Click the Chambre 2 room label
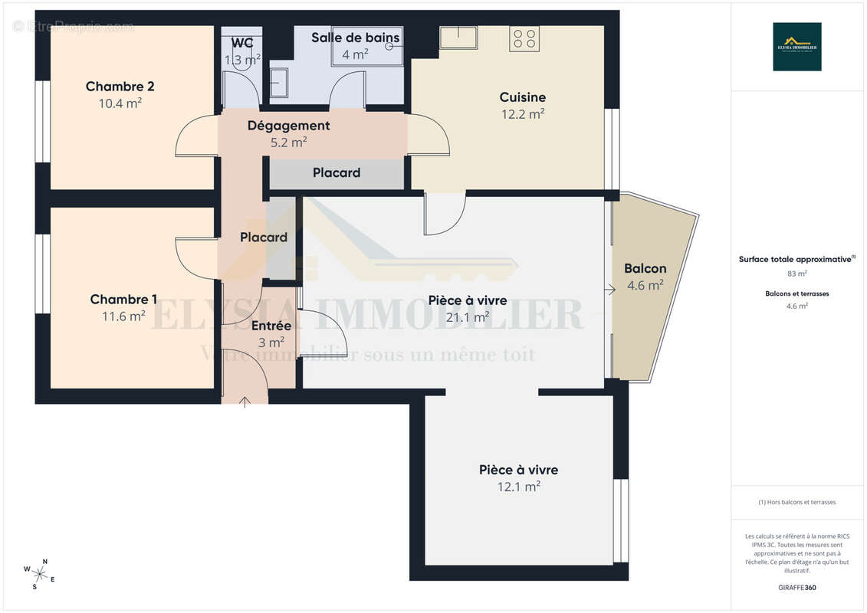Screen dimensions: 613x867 coord(120,87)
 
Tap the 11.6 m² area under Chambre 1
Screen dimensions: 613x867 coord(117,316)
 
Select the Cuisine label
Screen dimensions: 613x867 coord(522,97)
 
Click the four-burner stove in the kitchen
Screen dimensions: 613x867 coord(525,39)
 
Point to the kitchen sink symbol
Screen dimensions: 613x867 coord(458,37)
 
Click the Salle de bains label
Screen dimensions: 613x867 coord(355,38)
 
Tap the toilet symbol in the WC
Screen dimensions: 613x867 coord(241,59)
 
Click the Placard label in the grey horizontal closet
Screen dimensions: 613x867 coord(337,173)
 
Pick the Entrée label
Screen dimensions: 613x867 coord(271,326)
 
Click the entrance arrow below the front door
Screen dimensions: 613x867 coord(245,401)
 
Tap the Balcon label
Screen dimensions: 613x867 coord(645,269)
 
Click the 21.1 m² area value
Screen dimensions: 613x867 coord(468,317)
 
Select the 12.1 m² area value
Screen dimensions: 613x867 coord(519,487)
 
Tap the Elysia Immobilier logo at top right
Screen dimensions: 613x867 coord(796,47)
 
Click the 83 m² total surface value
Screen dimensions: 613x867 coord(797,273)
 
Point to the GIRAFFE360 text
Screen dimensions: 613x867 coord(797,588)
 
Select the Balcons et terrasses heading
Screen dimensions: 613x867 coord(797,293)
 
